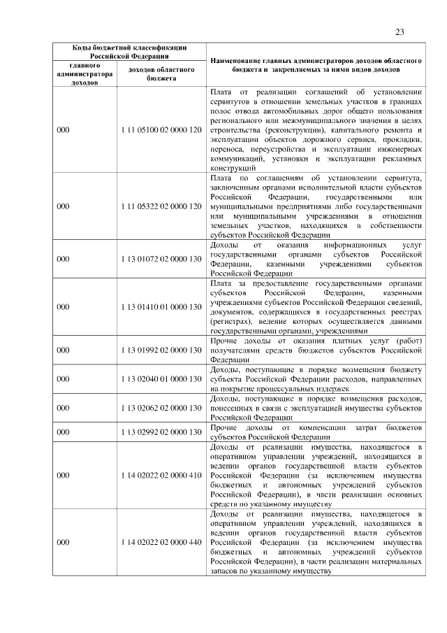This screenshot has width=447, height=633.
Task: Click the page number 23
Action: point(400,31)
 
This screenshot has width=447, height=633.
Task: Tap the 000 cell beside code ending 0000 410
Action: point(64,475)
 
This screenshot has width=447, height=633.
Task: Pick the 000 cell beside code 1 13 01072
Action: point(64,259)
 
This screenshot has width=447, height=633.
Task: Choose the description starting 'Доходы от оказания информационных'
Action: point(316,259)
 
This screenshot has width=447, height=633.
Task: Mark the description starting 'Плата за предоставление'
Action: point(316,306)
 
